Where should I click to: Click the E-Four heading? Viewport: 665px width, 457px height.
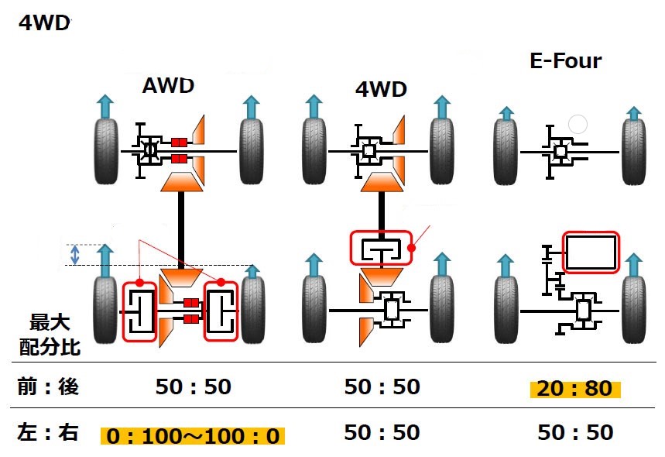click(565, 60)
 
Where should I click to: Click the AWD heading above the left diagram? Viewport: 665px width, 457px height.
click(168, 85)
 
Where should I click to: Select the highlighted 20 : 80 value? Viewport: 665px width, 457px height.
click(577, 387)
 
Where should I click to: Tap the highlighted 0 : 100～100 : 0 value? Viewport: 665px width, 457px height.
click(193, 435)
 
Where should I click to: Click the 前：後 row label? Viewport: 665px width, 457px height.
click(48, 387)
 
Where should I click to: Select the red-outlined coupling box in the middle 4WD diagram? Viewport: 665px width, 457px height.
click(379, 249)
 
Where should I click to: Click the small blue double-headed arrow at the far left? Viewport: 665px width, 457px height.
click(75, 254)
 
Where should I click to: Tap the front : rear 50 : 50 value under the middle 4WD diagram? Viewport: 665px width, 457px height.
click(382, 387)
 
